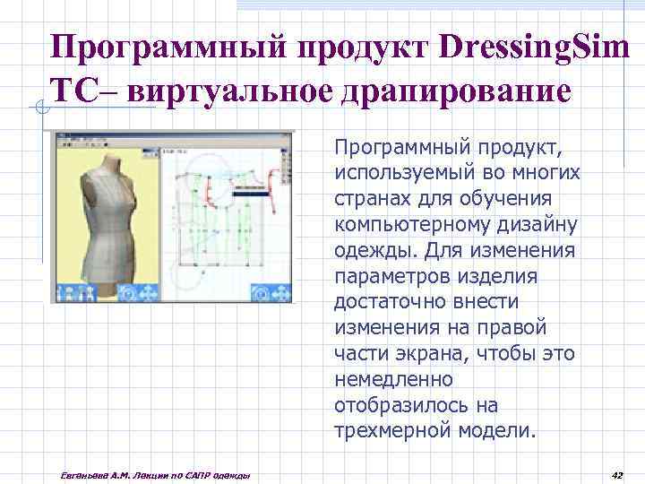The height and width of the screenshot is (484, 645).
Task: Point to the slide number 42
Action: (x=615, y=474)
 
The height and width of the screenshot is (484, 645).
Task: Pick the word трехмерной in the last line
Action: (x=379, y=430)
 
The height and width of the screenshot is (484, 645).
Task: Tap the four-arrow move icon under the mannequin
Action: (x=149, y=293)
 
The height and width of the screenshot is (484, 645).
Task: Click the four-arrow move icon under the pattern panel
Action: (x=282, y=293)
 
